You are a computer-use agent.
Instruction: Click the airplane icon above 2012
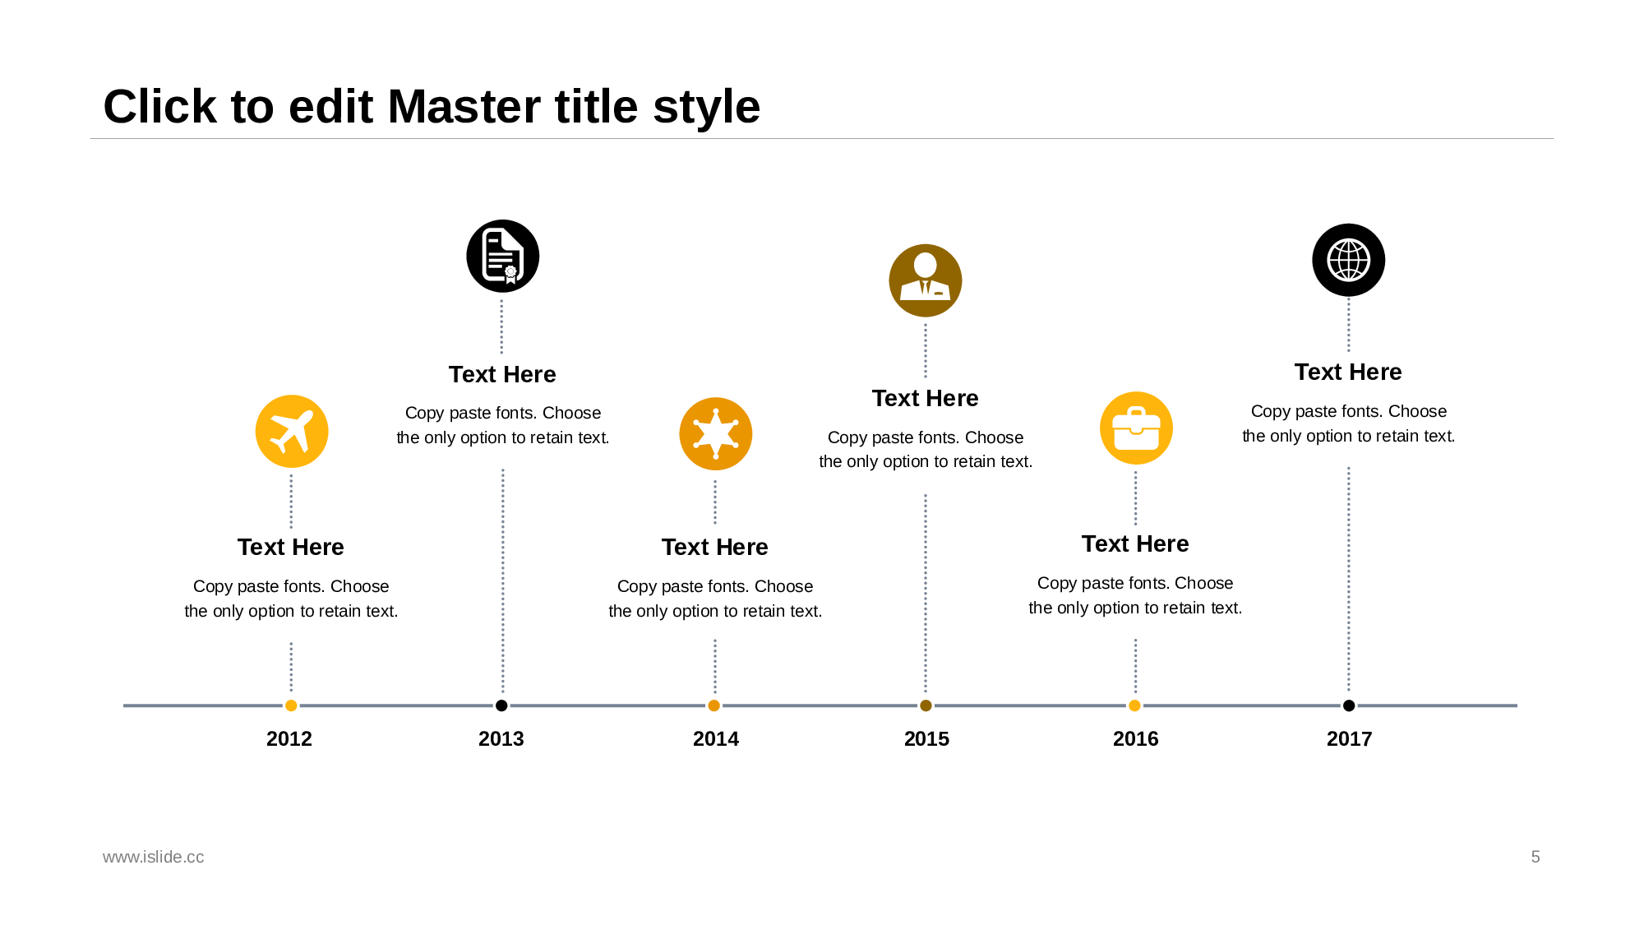pyautogui.click(x=292, y=432)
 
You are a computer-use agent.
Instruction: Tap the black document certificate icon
pyautogui.click(x=503, y=256)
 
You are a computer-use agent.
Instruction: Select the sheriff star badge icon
pyautogui.click(x=716, y=434)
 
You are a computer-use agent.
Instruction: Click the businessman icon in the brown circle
pyautogui.click(x=926, y=280)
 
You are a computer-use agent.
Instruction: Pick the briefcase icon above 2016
pyautogui.click(x=1136, y=428)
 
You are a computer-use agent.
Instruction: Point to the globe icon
pyautogui.click(x=1349, y=260)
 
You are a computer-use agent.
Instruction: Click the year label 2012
pyautogui.click(x=289, y=738)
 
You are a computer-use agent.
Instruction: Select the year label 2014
pyautogui.click(x=716, y=738)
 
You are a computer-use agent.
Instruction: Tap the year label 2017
pyautogui.click(x=1349, y=738)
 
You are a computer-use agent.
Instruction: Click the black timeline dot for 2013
pyautogui.click(x=501, y=705)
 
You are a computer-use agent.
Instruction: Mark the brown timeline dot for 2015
pyautogui.click(x=926, y=705)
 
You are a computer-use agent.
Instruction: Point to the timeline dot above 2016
pyautogui.click(x=1134, y=705)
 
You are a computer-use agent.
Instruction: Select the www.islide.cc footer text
pyautogui.click(x=153, y=857)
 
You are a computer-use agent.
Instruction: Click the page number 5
pyautogui.click(x=1535, y=857)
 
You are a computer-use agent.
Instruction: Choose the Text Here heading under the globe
pyautogui.click(x=1348, y=372)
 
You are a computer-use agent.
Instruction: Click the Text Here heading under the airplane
pyautogui.click(x=291, y=547)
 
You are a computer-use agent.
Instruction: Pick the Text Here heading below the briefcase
pyautogui.click(x=1135, y=543)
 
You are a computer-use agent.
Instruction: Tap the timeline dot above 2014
pyautogui.click(x=713, y=705)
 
